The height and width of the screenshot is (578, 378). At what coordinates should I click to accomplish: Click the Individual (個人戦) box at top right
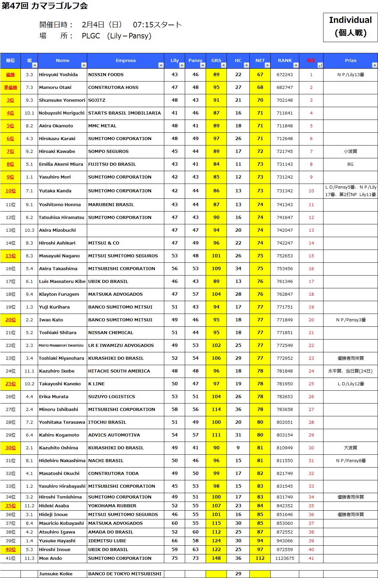350,27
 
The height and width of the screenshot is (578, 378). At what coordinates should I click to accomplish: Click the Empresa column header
126,61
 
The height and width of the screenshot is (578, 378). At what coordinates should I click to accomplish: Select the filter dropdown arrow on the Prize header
374,65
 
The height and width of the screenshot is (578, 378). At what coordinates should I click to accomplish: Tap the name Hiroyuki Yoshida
58,75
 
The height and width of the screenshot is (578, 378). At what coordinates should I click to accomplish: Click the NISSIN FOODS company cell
106,75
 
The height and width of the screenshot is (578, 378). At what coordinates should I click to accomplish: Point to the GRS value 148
216,558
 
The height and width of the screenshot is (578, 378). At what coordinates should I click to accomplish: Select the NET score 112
260,558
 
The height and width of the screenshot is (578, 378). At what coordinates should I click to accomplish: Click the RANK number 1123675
284,558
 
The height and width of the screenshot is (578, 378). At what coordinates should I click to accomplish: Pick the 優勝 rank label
10,75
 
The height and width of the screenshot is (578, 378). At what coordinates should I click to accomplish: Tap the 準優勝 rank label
10,88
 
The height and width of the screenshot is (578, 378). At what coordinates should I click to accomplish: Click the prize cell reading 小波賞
350,152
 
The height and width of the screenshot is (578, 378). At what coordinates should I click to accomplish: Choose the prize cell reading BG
350,164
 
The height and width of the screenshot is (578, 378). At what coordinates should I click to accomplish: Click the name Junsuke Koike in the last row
56,574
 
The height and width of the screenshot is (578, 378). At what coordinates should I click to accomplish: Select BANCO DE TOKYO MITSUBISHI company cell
125,574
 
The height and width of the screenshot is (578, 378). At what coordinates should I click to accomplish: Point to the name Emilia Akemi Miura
61,164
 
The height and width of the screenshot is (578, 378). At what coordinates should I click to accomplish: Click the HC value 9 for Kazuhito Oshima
238,448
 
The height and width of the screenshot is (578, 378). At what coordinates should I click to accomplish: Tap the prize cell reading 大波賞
350,448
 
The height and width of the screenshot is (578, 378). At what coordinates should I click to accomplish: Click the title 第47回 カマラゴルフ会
45,6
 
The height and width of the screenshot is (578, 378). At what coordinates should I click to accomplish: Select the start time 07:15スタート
157,25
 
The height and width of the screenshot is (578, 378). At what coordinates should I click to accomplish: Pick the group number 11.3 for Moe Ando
29,558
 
